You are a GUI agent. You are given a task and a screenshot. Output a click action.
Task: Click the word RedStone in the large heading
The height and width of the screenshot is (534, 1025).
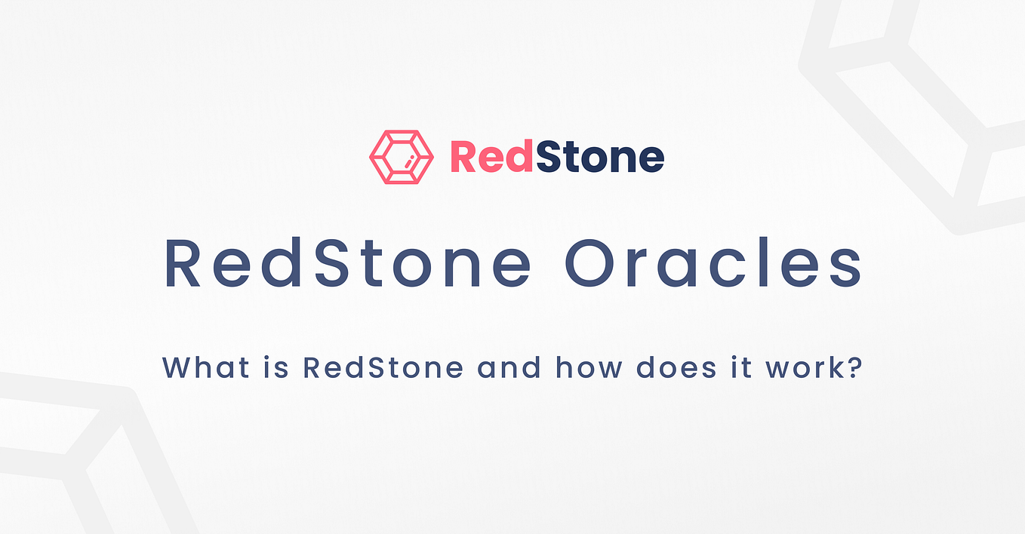click(x=347, y=263)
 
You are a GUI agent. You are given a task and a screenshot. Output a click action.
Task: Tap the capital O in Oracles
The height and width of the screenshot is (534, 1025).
click(x=595, y=263)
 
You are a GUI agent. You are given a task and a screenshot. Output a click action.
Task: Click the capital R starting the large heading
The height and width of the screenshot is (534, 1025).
click(x=183, y=263)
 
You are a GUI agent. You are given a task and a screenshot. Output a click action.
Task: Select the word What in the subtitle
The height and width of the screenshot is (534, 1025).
click(x=198, y=368)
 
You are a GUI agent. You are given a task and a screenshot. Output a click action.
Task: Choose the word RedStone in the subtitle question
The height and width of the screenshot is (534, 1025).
click(x=383, y=368)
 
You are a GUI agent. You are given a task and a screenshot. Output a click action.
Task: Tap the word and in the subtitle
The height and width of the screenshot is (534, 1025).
click(x=509, y=368)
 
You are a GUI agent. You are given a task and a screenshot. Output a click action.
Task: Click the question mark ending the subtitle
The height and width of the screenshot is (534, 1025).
click(x=854, y=368)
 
